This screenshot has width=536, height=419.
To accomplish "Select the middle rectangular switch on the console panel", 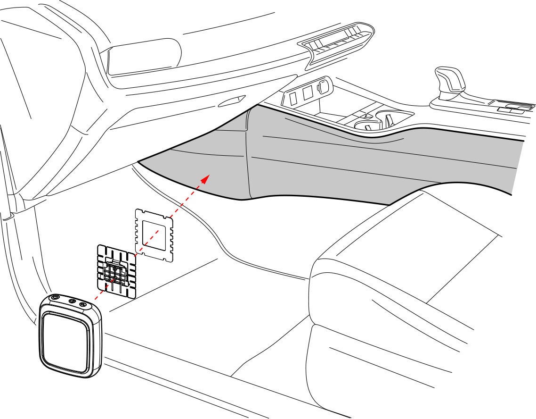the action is [308, 93].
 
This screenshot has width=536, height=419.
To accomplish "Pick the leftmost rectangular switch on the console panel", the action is [292, 98].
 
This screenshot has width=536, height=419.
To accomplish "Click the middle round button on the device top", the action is [72, 302].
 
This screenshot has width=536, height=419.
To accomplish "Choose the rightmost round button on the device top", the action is [83, 305].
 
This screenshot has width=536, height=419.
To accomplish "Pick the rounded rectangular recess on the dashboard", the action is [144, 56].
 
